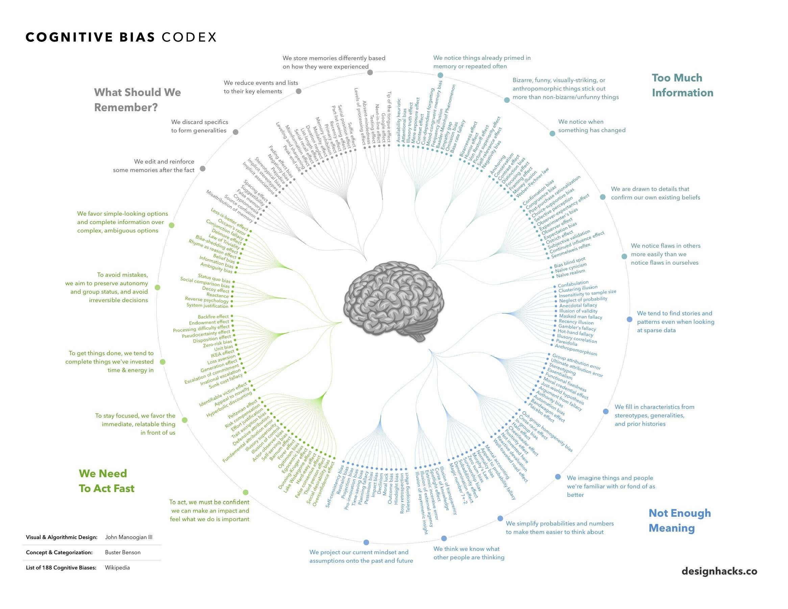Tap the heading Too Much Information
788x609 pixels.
click(x=682, y=85)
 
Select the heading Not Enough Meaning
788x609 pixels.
click(x=680, y=520)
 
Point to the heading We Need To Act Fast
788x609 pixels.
click(x=106, y=481)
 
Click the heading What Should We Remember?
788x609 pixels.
click(x=137, y=100)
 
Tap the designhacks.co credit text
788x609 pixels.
click(x=719, y=571)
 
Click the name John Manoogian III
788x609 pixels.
click(x=128, y=537)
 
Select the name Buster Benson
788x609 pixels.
click(x=123, y=552)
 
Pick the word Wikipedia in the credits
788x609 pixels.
click(x=117, y=567)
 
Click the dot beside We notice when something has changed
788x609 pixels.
click(x=552, y=133)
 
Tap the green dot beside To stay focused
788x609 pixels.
click(x=185, y=420)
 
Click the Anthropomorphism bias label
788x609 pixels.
click(x=575, y=350)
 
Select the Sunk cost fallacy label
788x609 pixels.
click(x=226, y=381)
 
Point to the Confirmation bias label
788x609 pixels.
click(x=538, y=192)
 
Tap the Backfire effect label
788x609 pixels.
click(x=213, y=316)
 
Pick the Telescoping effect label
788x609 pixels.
click(x=408, y=492)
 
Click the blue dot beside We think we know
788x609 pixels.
click(x=444, y=538)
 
